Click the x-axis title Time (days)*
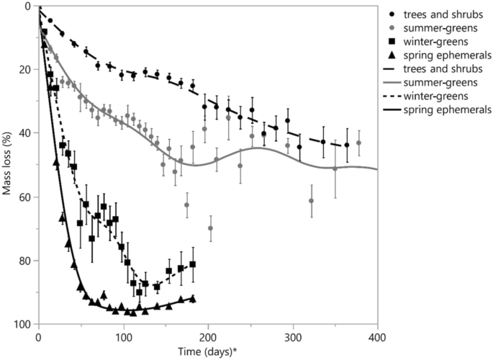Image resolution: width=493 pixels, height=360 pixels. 207,350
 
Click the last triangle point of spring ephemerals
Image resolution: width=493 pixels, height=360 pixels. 192,298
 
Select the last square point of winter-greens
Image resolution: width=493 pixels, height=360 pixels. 192,265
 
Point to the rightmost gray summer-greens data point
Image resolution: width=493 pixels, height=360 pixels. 359,143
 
